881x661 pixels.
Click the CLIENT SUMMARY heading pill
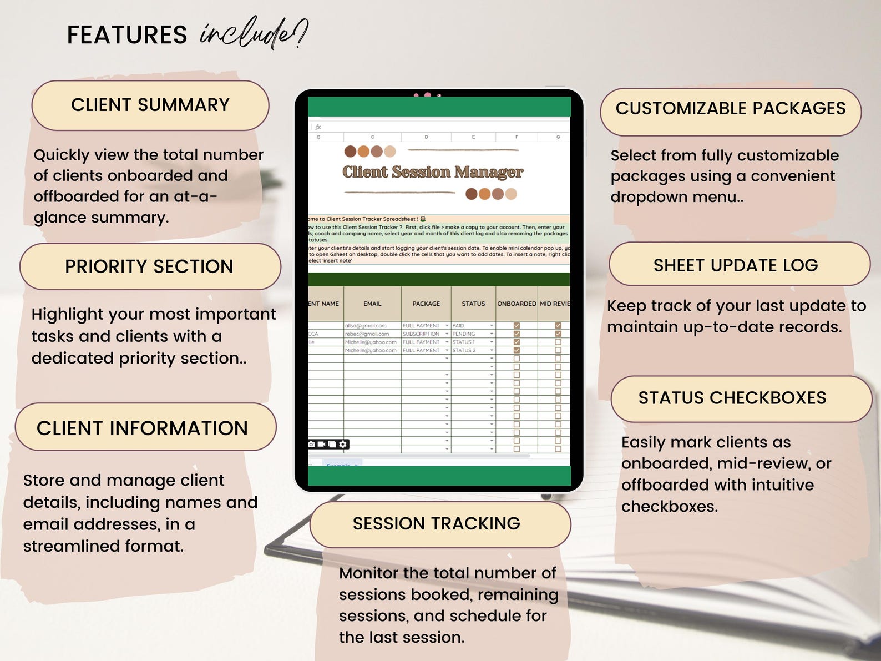click(x=150, y=105)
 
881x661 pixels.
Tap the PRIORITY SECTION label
click(x=149, y=267)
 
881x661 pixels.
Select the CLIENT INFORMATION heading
click(x=143, y=428)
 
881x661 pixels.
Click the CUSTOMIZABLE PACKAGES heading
click(x=731, y=109)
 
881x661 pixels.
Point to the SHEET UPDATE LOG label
click(x=736, y=266)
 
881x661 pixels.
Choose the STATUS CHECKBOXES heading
click(x=732, y=398)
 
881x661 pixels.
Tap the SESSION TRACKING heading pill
click(x=437, y=524)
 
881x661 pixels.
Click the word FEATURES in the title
click(x=127, y=36)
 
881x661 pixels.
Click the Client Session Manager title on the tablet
click(x=433, y=172)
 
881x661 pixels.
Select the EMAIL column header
click(x=372, y=304)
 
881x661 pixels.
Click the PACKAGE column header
click(x=426, y=304)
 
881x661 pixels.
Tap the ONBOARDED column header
click(x=517, y=304)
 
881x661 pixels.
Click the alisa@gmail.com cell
click(x=366, y=326)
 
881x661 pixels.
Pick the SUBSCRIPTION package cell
click(x=421, y=334)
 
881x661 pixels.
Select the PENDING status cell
click(x=464, y=334)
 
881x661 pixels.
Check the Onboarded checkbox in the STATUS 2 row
click(x=517, y=350)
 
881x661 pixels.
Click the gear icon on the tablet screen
click(x=343, y=444)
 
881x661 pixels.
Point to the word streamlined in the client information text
click(x=72, y=547)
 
